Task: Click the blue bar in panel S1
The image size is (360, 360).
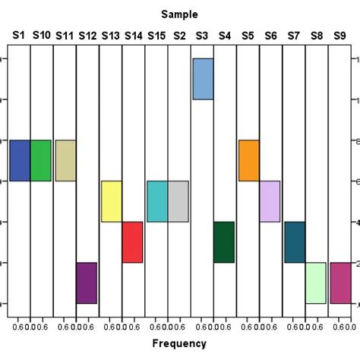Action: coord(20,160)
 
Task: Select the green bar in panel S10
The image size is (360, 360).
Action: coord(41,160)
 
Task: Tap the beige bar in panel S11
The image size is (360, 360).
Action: coord(65,160)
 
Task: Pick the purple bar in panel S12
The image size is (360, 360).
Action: coord(87,283)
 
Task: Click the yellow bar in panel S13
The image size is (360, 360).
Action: coord(112,201)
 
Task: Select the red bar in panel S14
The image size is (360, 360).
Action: coord(132,242)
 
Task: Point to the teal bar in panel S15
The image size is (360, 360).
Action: coord(157,201)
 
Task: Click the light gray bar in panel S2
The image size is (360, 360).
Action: coord(178,201)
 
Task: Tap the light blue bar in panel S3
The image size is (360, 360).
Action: coord(203,79)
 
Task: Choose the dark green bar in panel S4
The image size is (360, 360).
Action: coord(223,242)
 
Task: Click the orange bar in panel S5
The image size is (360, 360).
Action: coord(248,160)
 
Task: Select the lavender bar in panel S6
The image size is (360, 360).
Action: coord(270,201)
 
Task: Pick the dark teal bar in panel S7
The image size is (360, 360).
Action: coord(295,242)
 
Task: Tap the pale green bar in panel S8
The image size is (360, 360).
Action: coord(315,283)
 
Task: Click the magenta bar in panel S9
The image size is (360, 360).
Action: coord(340,283)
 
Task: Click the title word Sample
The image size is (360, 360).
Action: coord(180,14)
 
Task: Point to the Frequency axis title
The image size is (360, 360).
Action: coord(180,344)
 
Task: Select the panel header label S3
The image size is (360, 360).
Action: coord(202,35)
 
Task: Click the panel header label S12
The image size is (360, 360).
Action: coord(87,35)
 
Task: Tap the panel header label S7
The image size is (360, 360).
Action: coord(294,35)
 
